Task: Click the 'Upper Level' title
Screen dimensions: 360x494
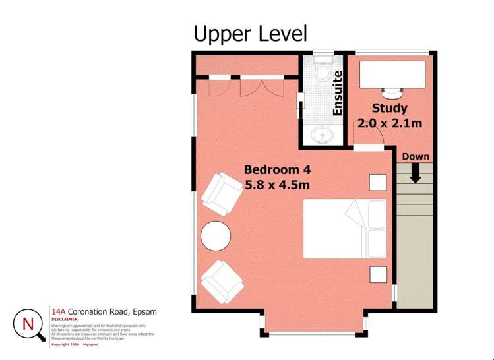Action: tap(250, 34)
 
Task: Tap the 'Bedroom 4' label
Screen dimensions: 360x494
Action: tap(277, 169)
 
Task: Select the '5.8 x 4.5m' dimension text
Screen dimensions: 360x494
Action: tap(277, 185)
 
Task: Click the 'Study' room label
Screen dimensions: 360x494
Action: tap(389, 108)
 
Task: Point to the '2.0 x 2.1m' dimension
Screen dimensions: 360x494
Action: tap(389, 123)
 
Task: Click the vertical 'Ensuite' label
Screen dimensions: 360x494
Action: tap(338, 94)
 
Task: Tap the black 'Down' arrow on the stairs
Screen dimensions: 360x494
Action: tap(416, 173)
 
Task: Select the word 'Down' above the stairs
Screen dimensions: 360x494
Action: tap(416, 157)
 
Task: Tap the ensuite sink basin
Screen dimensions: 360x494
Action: tap(322, 136)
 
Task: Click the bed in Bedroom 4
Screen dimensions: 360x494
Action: tap(344, 229)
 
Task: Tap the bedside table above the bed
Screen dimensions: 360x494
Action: tap(377, 182)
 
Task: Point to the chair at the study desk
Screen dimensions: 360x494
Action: tap(391, 94)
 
